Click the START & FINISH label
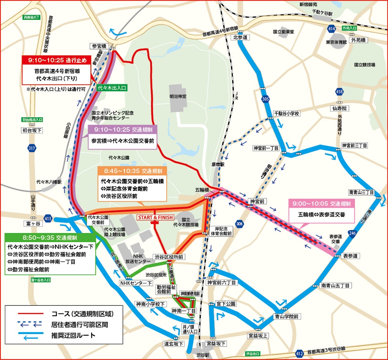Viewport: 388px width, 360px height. [155, 218]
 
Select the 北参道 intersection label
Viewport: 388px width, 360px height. [240, 38]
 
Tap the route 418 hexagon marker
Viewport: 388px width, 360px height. [339, 92]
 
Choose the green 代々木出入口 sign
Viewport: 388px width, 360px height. [112, 88]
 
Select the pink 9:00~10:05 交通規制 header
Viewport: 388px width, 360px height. [322, 204]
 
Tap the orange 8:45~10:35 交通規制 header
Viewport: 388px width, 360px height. [132, 171]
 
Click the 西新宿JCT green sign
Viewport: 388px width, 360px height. [31, 17]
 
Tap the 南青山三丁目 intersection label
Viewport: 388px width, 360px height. [361, 192]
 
